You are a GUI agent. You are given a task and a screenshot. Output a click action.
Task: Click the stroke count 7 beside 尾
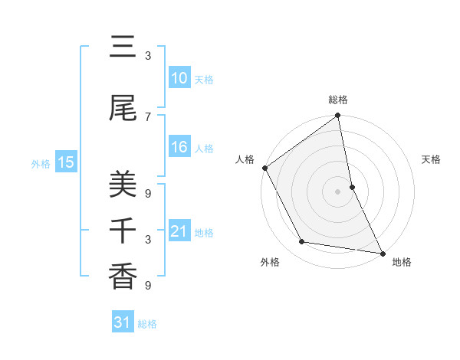148,116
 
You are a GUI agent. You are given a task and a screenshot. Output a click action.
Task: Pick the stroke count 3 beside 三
148,56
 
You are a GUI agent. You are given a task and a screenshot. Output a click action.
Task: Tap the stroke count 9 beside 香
148,286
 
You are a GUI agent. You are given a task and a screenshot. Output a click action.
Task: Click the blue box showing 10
179,78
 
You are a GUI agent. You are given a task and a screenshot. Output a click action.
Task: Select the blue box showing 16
179,147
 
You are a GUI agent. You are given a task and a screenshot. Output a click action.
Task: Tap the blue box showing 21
179,231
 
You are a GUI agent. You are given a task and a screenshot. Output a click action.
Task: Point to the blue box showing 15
65,162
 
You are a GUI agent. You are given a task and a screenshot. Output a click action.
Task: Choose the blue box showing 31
123,322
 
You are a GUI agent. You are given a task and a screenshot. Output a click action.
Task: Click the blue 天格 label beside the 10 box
204,80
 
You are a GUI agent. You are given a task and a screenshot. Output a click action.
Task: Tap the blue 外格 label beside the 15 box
41,163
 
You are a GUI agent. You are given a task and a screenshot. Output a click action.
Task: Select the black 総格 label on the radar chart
338,100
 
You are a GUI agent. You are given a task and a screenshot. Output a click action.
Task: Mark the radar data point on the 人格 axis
264,168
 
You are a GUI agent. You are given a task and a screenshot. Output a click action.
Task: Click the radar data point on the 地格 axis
382,253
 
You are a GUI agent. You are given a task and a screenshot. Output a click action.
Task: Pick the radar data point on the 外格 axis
302,242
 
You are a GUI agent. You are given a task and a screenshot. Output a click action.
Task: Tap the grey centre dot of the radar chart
338,191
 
